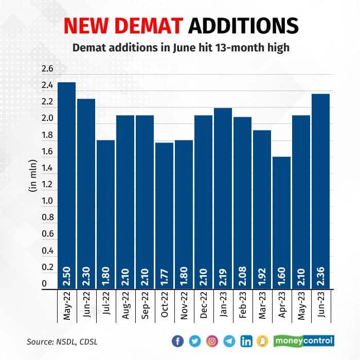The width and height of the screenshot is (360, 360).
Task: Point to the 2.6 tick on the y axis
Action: tap(47, 68)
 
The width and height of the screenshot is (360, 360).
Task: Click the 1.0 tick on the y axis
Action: tap(47, 201)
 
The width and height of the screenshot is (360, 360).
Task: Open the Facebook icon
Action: tap(177, 341)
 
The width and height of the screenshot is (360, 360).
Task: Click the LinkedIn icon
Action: tap(246, 341)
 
